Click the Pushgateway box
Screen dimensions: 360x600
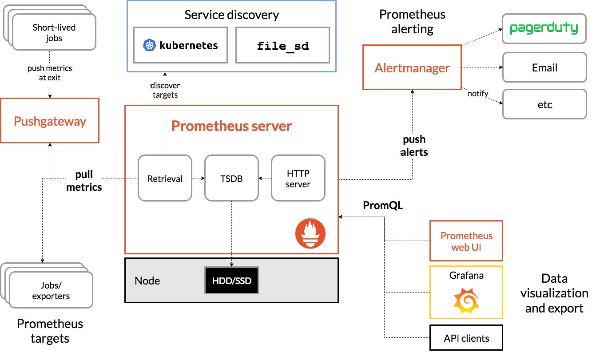pos(50,121)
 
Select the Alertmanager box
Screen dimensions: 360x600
pos(412,67)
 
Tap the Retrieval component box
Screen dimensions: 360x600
pos(165,178)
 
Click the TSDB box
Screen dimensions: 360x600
pos(231,178)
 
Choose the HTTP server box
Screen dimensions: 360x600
pos(298,178)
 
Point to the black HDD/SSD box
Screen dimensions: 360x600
pos(231,281)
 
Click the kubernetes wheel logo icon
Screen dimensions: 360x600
pos(149,45)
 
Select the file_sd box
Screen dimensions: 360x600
pos(282,45)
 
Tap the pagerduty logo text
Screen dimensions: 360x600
pos(544,28)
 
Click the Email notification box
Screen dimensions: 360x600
pos(544,68)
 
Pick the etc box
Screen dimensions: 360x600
pos(544,104)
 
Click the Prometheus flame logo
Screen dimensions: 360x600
pos(310,233)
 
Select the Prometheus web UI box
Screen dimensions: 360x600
pos(466,241)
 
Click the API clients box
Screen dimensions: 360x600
pos(466,338)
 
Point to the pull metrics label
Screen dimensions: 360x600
pos(84,181)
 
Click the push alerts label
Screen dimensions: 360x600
pos(414,146)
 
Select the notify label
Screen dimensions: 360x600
pos(478,94)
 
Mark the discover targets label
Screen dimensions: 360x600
pos(165,90)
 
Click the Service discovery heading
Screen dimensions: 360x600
pos(231,15)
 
